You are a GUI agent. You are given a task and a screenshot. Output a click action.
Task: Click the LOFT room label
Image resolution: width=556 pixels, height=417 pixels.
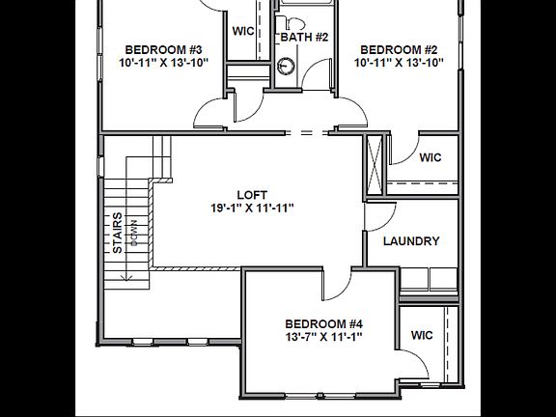[x=252, y=193]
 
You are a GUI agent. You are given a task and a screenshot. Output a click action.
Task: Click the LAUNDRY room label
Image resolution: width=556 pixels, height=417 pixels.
[x=411, y=241]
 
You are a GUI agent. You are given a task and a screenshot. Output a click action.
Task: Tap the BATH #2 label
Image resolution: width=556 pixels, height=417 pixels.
[x=304, y=38]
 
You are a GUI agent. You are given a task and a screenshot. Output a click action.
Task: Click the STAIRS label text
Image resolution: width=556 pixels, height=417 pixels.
[x=118, y=233]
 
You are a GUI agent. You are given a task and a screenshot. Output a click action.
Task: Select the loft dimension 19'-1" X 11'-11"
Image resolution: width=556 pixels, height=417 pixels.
[x=252, y=208]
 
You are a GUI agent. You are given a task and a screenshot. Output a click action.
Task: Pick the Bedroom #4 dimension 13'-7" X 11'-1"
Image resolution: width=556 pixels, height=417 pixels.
[x=323, y=337]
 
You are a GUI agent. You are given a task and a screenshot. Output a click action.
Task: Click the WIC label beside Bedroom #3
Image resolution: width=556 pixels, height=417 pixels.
[x=243, y=31]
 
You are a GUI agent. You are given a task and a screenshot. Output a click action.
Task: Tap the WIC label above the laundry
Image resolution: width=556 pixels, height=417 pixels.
[x=430, y=157]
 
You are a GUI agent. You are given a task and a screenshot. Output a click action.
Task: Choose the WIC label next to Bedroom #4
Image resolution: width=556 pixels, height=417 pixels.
[x=422, y=335]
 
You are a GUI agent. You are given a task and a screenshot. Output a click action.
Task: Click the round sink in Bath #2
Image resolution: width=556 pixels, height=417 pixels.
[x=286, y=66]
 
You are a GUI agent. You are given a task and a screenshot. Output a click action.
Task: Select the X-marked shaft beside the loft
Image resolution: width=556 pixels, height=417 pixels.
[x=374, y=165]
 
